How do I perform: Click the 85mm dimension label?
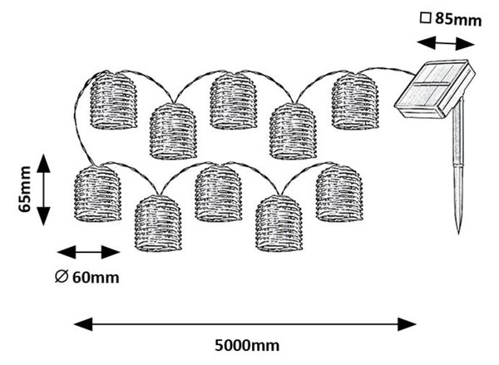click(x=458, y=19)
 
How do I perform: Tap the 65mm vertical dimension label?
click(x=24, y=189)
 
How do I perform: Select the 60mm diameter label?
click(x=96, y=278)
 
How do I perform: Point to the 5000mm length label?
click(x=247, y=345)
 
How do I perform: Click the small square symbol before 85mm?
click(x=425, y=17)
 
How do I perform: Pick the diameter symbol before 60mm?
click(x=62, y=277)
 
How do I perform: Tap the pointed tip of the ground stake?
click(x=458, y=234)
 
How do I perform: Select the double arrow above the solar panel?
click(x=446, y=43)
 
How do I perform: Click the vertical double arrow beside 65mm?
click(x=43, y=190)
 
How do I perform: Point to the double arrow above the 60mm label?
click(x=88, y=253)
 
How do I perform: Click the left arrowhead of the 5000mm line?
click(x=83, y=324)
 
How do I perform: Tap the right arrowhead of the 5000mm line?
click(x=407, y=324)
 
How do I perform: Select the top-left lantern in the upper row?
click(x=114, y=101)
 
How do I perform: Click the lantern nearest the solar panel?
click(x=355, y=101)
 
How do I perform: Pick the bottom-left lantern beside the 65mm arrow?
click(x=97, y=194)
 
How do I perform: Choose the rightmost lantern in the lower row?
click(x=339, y=193)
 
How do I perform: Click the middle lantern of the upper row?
click(x=233, y=101)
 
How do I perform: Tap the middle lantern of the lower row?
click(x=219, y=193)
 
